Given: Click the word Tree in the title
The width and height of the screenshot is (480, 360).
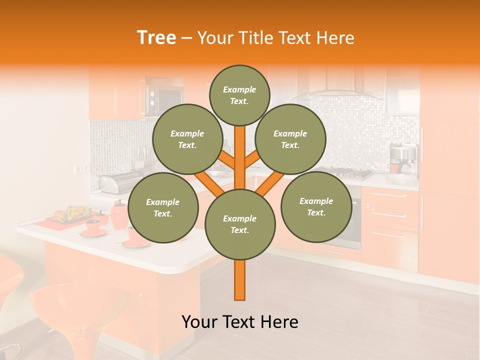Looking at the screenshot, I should [156, 38].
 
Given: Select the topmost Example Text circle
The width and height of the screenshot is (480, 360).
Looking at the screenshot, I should [239, 95].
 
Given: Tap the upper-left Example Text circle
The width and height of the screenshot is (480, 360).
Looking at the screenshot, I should [187, 139].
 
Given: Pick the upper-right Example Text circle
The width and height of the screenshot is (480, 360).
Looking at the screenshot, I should [290, 139].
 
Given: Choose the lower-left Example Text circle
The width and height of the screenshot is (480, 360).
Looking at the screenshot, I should [163, 208].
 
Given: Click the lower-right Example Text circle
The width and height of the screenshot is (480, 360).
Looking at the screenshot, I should [316, 207].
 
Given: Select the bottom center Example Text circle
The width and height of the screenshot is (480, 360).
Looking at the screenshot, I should [240, 224].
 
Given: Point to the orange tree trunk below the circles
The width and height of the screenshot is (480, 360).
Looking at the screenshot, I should [240, 280].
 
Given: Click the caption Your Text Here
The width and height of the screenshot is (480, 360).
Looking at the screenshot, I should [240, 322].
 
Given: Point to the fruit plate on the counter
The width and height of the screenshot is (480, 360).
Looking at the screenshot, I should [73, 214].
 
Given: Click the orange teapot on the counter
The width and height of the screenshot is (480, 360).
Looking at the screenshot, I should [119, 215].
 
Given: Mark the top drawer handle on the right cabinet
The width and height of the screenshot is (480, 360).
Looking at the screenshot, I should [389, 195].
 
